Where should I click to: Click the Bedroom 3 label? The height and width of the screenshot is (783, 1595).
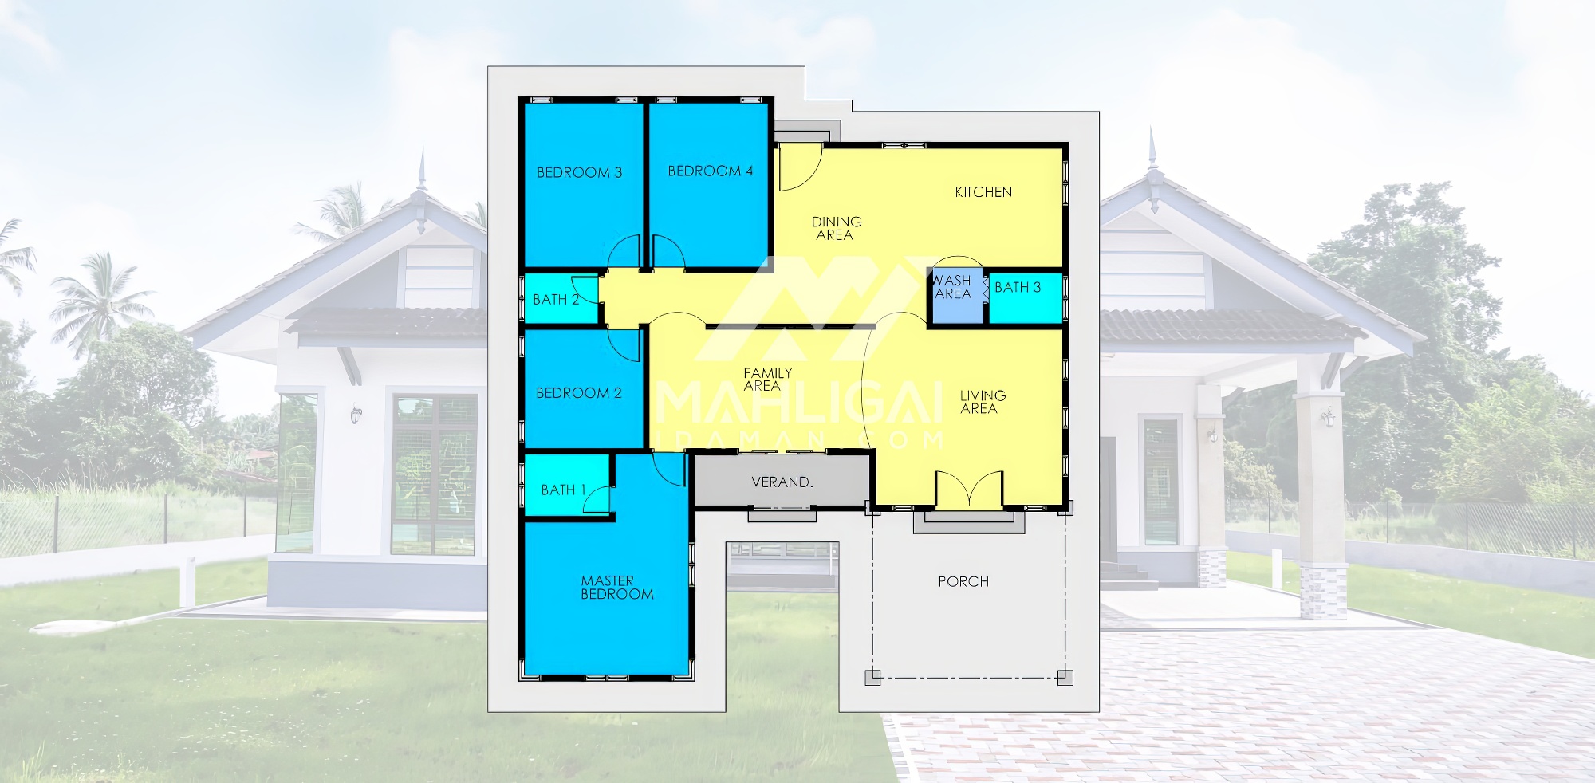point(579,172)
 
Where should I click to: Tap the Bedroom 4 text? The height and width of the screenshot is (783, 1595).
point(710,171)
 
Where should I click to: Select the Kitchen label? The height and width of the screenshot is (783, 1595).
point(983,192)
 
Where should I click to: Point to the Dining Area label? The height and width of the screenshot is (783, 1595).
point(836,228)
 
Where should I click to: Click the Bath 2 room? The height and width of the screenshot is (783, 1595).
point(561,299)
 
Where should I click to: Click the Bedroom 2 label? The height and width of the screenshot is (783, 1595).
point(578,393)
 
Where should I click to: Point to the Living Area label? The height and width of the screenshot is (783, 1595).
point(982,402)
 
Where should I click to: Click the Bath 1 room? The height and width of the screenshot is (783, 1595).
point(567,486)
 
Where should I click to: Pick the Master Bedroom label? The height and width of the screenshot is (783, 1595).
point(616,588)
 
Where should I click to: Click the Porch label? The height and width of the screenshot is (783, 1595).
point(963,582)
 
